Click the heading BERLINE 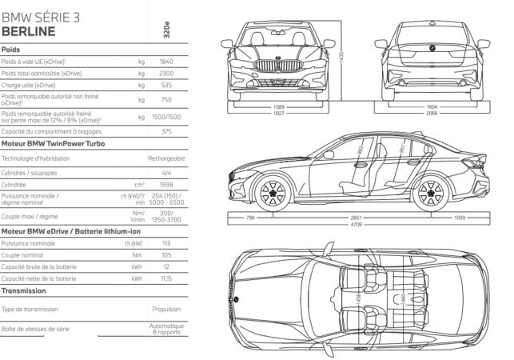[x=29, y=31]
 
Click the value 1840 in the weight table [x=166, y=62]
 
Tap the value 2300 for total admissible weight [x=166, y=73]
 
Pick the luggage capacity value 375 [x=166, y=130]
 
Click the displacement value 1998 [x=166, y=183]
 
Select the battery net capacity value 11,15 [x=165, y=278]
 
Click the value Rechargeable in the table [x=166, y=158]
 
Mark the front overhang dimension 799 [x=250, y=218]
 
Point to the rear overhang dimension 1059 [x=460, y=218]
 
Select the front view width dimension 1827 [x=279, y=113]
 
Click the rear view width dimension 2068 [x=431, y=113]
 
